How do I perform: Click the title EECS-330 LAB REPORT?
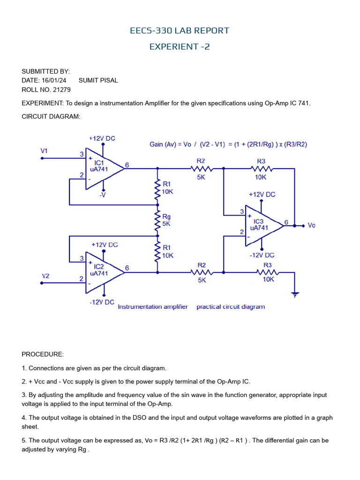click(x=180, y=31)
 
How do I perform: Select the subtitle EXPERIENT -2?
click(x=180, y=46)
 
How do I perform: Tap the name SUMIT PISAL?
click(x=98, y=80)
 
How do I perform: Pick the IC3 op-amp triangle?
click(x=262, y=225)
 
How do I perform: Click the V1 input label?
click(x=45, y=151)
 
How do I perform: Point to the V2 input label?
click(x=45, y=276)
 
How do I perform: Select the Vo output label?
click(x=312, y=225)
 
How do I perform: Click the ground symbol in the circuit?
click(x=294, y=294)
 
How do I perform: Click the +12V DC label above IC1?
click(x=102, y=138)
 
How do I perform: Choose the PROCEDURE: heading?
click(x=43, y=354)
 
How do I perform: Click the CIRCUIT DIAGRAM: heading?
click(x=51, y=117)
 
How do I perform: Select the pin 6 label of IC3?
click(x=286, y=222)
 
